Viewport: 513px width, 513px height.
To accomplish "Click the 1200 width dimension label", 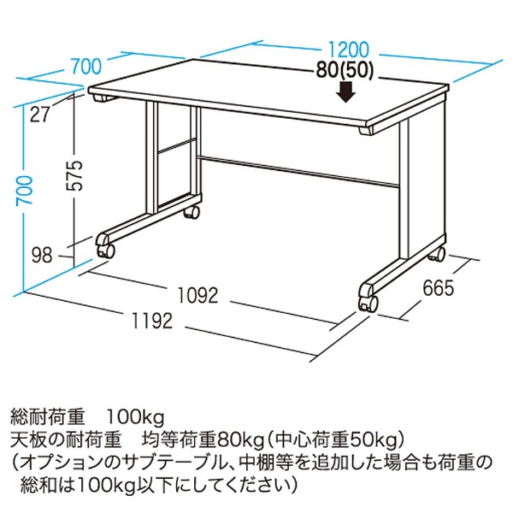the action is [x=349, y=50].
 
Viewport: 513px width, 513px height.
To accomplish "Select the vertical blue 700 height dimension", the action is [x=26, y=190].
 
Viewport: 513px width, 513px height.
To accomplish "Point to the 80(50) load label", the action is [x=345, y=71].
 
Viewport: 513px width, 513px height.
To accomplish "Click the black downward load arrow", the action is [x=347, y=92].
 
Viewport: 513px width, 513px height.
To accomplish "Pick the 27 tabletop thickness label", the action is [x=40, y=115].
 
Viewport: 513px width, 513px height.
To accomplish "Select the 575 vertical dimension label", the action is [x=74, y=175].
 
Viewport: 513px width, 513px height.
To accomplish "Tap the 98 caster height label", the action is [x=42, y=255].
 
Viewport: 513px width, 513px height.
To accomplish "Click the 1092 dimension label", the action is [x=198, y=295].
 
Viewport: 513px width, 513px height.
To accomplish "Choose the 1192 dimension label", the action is [x=152, y=321].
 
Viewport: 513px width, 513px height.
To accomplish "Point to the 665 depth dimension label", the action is [x=438, y=288].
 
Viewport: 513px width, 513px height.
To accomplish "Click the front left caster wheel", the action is [x=105, y=251].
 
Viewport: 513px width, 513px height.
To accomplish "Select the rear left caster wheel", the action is [x=192, y=212].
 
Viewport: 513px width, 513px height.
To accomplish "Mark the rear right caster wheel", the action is [x=438, y=254].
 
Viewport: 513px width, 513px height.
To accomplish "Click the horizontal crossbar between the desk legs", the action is [x=298, y=172].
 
